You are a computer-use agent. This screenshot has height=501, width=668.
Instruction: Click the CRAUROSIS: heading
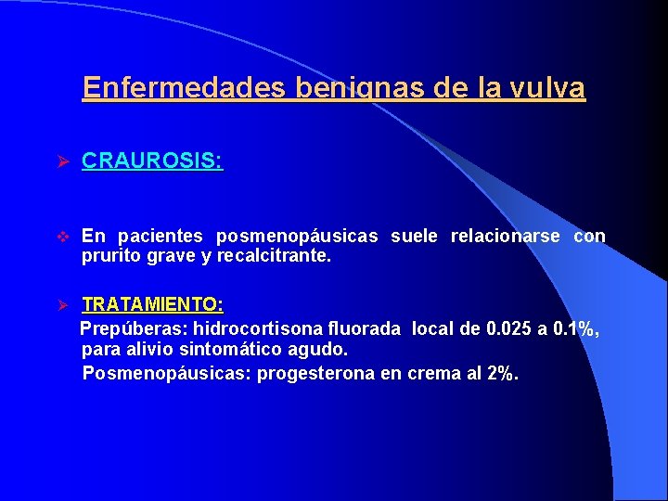[x=152, y=161]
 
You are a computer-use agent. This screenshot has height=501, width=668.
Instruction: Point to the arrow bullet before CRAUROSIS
[x=65, y=161]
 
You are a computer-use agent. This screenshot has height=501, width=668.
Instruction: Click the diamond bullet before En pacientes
[x=64, y=237]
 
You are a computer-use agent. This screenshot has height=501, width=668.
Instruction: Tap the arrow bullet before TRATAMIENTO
[x=65, y=305]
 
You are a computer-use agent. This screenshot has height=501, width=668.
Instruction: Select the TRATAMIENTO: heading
[x=152, y=304]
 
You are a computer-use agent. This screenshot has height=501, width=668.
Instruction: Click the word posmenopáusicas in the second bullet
[x=297, y=237]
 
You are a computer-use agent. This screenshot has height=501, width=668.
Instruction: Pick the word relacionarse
[x=505, y=237]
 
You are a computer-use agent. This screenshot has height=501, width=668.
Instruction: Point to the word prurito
[x=109, y=256]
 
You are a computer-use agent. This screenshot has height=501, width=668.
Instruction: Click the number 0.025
[x=510, y=328]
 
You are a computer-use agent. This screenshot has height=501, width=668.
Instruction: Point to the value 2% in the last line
[x=502, y=373]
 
